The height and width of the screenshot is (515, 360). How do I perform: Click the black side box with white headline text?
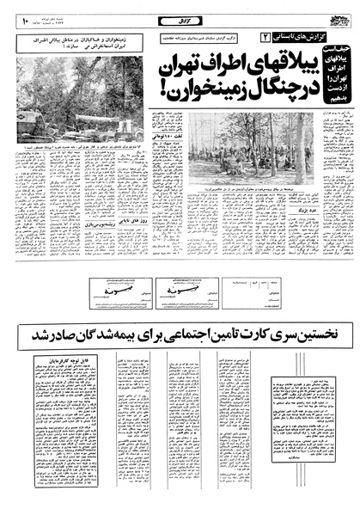(x=331, y=77)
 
